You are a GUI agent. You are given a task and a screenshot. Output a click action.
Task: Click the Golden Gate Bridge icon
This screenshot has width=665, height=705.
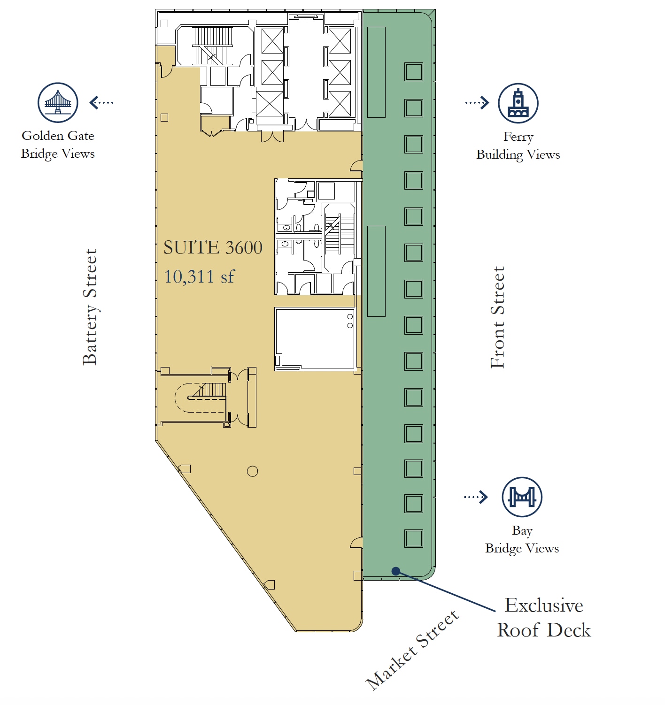[58, 103]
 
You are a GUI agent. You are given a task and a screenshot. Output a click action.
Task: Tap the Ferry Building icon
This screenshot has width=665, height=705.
[518, 103]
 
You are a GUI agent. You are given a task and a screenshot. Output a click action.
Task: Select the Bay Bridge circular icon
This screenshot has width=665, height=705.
[522, 497]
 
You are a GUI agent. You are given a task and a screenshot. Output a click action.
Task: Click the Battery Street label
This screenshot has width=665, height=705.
[90, 307]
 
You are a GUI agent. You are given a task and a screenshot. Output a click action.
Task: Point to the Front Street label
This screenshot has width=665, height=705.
[497, 317]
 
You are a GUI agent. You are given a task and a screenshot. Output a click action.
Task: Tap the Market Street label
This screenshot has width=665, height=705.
[412, 651]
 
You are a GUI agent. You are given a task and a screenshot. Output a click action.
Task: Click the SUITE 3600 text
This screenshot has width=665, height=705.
[213, 247]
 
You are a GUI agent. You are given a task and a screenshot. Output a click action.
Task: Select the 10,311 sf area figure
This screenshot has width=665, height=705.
[199, 276]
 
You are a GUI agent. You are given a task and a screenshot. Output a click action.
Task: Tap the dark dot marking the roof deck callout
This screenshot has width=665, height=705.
[396, 571]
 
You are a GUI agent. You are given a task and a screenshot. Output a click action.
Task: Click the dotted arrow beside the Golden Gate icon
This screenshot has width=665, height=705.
[101, 103]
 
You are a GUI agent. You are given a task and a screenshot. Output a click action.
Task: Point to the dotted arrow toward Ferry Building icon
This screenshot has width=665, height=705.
[477, 103]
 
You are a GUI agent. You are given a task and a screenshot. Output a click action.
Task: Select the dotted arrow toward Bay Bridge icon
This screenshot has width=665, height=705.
[476, 497]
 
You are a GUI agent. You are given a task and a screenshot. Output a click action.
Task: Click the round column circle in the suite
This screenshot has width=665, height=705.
[252, 471]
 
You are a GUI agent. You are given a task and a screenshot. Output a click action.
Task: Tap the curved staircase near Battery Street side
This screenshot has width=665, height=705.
[201, 398]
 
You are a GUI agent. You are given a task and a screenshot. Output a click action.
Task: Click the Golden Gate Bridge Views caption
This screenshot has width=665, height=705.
[58, 145]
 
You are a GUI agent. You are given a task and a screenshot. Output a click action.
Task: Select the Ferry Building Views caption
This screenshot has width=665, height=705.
[518, 146]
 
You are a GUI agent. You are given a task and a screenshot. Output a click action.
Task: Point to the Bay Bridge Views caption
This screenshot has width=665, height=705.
[522, 539]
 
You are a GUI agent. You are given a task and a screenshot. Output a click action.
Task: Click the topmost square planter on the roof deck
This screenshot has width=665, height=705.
[413, 72]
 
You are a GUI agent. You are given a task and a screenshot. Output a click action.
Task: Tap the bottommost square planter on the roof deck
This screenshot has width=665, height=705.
[413, 538]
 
